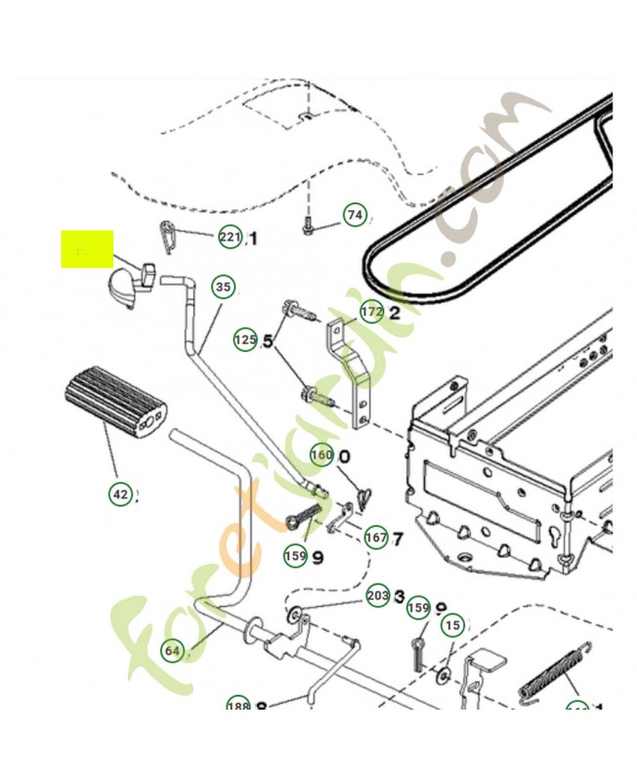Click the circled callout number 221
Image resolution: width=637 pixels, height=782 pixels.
pos(229,238)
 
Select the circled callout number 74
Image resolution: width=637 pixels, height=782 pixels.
pos(354,215)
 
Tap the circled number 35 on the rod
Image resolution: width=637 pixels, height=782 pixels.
pos(224,287)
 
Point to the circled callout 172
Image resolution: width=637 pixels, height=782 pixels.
pos(371,313)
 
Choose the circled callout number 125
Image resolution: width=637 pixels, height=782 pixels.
pos(245,340)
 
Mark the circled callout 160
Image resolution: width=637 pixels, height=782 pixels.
pos(321,456)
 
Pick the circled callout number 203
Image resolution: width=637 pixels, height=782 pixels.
pos(377,595)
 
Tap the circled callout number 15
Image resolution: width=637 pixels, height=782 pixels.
pos(451,625)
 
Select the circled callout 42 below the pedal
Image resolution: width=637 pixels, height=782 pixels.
pos(119,495)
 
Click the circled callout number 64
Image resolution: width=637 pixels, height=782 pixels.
pos(173,650)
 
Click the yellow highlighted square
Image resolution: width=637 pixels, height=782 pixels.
pos(88,249)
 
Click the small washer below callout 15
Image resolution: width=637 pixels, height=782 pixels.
pos(445,674)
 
